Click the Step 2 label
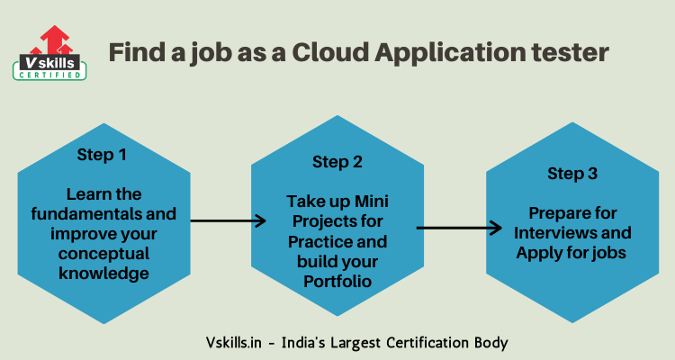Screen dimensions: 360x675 337,162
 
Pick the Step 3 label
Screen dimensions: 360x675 573,173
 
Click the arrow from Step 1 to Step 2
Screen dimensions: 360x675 229,220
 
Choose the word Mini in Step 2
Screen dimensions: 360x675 370,202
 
